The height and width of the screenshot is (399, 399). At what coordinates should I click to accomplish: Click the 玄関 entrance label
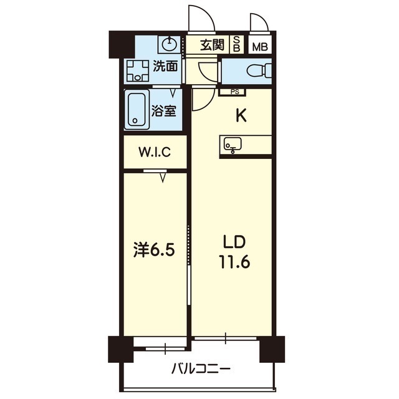(x=212, y=45)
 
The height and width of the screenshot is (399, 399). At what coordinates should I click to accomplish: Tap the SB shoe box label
(x=237, y=45)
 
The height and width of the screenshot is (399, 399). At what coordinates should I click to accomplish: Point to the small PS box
(x=234, y=92)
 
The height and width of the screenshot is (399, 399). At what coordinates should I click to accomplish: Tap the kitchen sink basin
(x=233, y=145)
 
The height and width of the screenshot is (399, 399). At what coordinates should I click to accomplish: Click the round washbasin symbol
(x=169, y=44)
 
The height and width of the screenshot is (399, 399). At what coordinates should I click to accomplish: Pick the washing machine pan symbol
(x=137, y=70)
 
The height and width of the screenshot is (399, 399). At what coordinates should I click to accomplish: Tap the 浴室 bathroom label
(x=165, y=112)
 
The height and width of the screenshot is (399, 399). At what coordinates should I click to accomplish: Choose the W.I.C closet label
(x=154, y=151)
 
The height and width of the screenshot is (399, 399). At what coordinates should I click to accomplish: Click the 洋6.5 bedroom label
(x=153, y=250)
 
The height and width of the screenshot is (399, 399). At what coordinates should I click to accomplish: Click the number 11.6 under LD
(x=234, y=262)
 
